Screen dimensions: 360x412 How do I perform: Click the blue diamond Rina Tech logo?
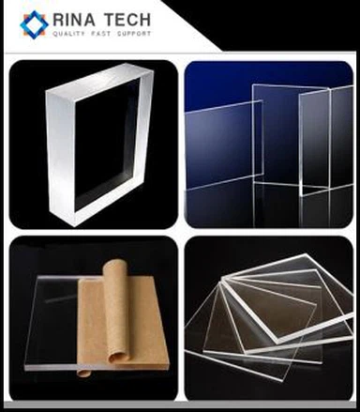click(34, 24)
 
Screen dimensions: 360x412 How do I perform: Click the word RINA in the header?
click(74, 20)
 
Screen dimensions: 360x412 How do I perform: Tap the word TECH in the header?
click(127, 20)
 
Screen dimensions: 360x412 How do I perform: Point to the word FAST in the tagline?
click(101, 34)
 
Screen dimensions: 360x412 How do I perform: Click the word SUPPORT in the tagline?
click(134, 34)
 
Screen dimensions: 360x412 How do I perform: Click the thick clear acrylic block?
click(99, 145)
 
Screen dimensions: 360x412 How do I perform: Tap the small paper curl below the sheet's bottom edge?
click(83, 373)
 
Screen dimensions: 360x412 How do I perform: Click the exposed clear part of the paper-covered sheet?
click(52, 321)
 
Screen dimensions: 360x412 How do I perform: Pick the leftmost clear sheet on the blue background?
click(224, 145)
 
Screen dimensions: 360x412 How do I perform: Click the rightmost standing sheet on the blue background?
click(326, 141)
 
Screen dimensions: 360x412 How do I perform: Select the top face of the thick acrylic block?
click(99, 78)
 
